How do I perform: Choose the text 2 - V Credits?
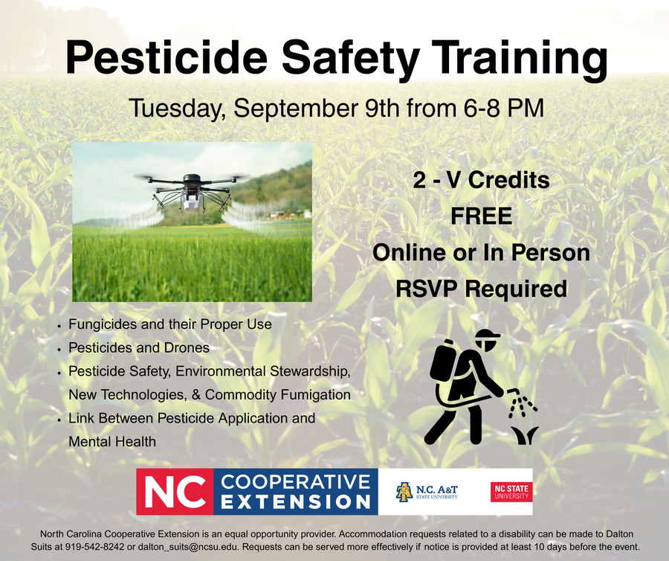coord(481,181)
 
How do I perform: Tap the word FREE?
coord(481,217)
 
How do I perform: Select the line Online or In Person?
coord(481,252)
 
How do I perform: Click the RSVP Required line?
coord(481,288)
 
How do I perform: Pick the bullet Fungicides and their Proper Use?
coord(169,324)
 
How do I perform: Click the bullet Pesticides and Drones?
coord(139,347)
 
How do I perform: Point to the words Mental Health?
coord(112,441)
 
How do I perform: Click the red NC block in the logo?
coord(175,492)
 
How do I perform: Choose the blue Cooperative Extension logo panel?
coord(296,492)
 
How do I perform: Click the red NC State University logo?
coord(511,492)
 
